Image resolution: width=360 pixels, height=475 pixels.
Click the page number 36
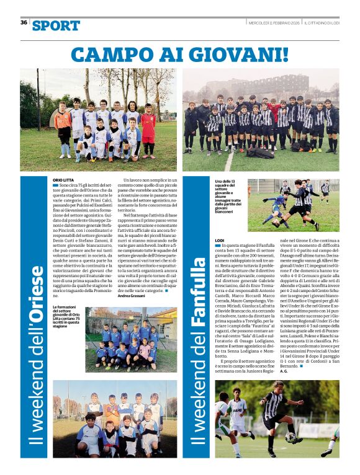[x=24, y=22]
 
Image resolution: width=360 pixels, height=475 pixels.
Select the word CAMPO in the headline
[x=107, y=54]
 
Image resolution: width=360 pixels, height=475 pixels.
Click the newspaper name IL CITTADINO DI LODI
[x=321, y=22]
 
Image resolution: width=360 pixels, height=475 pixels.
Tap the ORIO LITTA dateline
[x=63, y=179]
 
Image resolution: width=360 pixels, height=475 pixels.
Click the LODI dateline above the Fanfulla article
[x=218, y=240]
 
